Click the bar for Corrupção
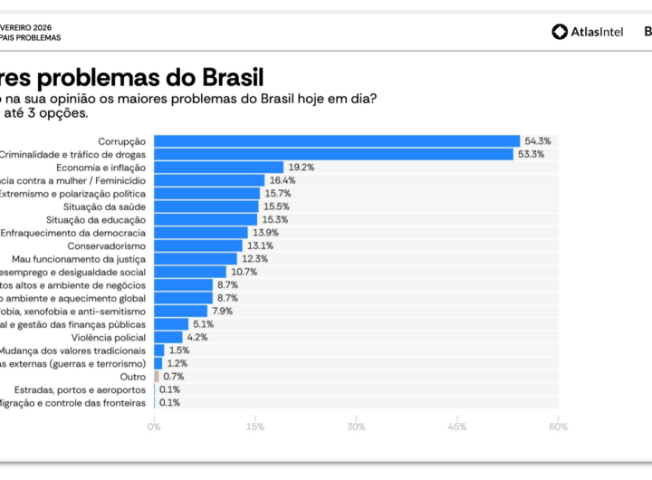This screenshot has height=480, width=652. pyautogui.click(x=337, y=141)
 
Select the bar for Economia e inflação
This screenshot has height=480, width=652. pyautogui.click(x=218, y=168)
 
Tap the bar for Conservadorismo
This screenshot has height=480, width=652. pyautogui.click(x=198, y=245)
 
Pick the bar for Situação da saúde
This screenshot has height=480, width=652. pyautogui.click(x=206, y=206)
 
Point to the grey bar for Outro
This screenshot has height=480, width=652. pyautogui.click(x=156, y=376)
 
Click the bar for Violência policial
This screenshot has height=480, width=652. pyautogui.click(x=168, y=337)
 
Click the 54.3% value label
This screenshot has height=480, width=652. pyautogui.click(x=538, y=141)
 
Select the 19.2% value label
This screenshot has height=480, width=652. pyautogui.click(x=302, y=168)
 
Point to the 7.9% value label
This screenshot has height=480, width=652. pyautogui.click(x=222, y=311)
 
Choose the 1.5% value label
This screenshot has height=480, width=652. pyautogui.click(x=178, y=350)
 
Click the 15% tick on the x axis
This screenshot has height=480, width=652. pyautogui.click(x=255, y=426)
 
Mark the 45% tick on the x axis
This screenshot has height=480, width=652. pyautogui.click(x=457, y=426)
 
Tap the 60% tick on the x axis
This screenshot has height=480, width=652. pyautogui.click(x=558, y=426)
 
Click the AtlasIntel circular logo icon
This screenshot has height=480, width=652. pyautogui.click(x=560, y=32)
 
